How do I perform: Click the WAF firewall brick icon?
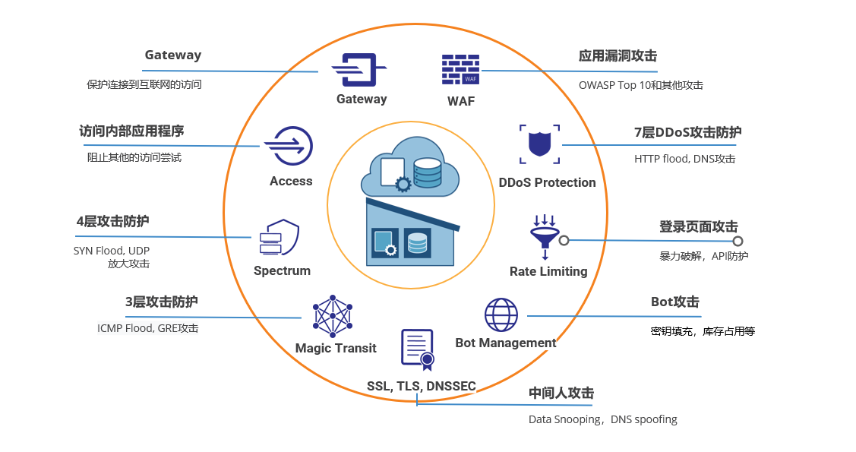tap(461, 69)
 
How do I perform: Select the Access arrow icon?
tap(288, 146)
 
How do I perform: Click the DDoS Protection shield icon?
tap(540, 144)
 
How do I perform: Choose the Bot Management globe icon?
tap(501, 315)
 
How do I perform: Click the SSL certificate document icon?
tap(417, 349)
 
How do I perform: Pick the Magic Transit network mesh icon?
tap(333, 316)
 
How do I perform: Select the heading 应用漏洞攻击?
tap(618, 55)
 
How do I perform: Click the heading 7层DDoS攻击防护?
tap(687, 132)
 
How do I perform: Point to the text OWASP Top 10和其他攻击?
tap(640, 85)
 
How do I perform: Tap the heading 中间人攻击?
tap(561, 393)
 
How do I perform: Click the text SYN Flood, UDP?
tap(112, 250)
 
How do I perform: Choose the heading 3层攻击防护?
tap(161, 302)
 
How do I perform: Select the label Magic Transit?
tap(336, 348)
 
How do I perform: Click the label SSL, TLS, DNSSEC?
tap(422, 386)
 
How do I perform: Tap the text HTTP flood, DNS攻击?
tap(684, 159)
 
